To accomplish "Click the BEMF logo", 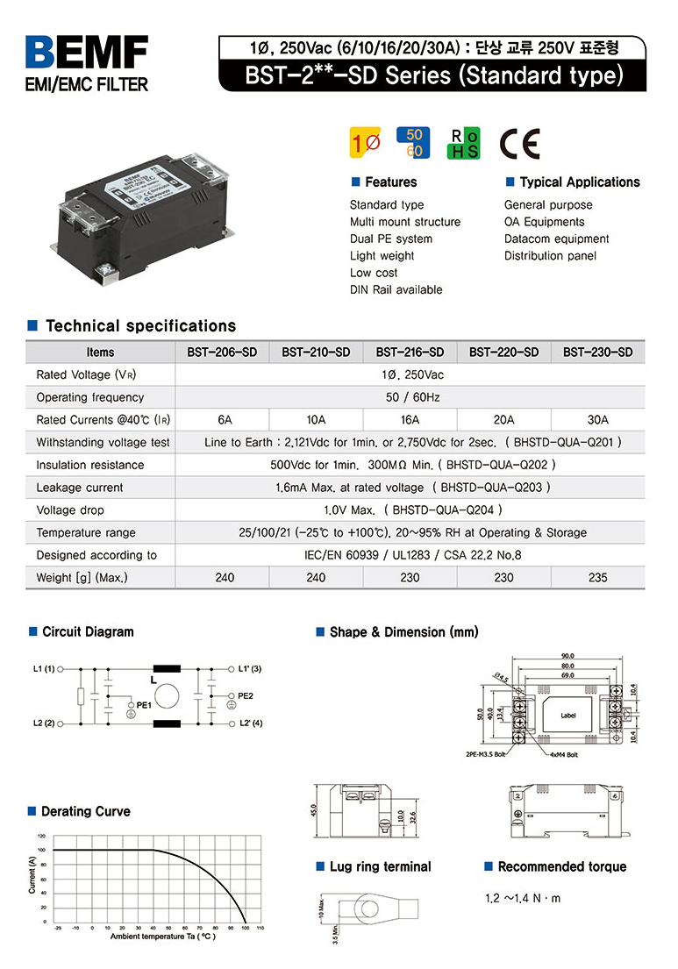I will click(87, 53).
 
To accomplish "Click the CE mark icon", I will click(519, 145).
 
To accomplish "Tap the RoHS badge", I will click(463, 145).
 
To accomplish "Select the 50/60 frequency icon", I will click(414, 144).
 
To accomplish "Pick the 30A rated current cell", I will click(597, 420).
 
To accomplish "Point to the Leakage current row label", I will click(80, 488).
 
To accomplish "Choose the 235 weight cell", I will click(597, 578).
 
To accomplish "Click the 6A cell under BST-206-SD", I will click(222, 420).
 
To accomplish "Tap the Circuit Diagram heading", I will click(88, 631).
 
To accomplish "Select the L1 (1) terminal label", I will click(44, 669).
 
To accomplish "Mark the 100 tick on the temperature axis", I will click(246, 928).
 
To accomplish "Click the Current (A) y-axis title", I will click(32, 877).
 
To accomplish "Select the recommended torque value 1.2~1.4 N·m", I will click(523, 899).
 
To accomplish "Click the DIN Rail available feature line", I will click(396, 290).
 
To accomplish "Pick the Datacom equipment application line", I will click(556, 239).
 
